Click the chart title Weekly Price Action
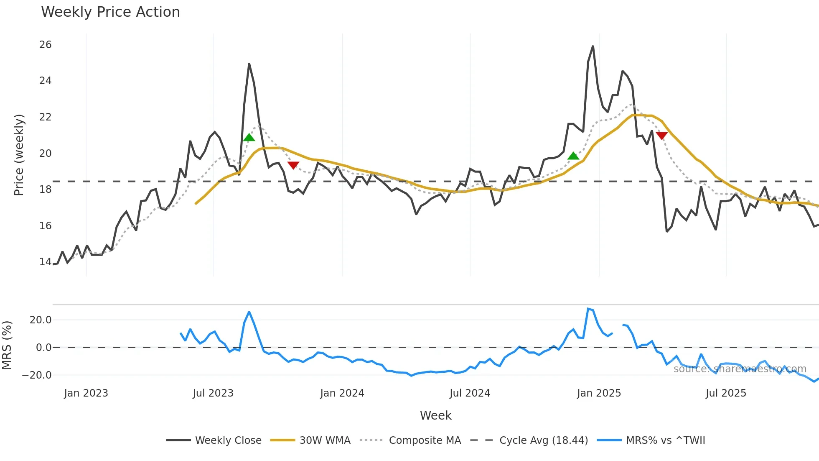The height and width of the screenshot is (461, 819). [x=110, y=12]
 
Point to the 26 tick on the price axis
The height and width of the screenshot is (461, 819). [x=46, y=45]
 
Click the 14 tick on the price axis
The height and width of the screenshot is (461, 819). [x=46, y=262]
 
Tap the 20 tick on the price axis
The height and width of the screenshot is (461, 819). [x=46, y=154]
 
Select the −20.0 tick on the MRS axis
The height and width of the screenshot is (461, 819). [x=37, y=375]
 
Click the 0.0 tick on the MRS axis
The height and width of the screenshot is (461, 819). [x=43, y=348]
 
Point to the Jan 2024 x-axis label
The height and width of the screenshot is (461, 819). [x=342, y=393]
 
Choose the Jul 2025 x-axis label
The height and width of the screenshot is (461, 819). [x=726, y=393]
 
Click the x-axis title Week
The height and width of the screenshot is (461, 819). [x=435, y=415]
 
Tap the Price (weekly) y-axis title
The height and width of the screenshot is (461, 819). [x=19, y=155]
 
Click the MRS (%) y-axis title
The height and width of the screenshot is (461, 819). [x=7, y=345]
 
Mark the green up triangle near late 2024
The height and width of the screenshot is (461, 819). [x=573, y=156]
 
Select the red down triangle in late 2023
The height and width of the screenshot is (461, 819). [x=293, y=165]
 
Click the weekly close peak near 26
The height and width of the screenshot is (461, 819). [x=593, y=46]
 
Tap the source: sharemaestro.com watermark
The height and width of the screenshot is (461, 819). [x=740, y=369]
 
